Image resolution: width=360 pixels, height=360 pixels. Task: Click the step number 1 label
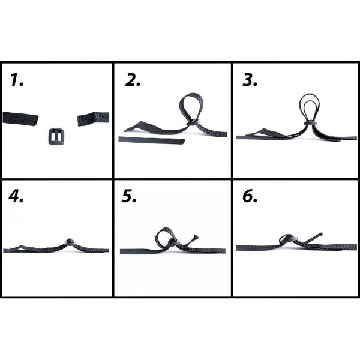click(17, 80)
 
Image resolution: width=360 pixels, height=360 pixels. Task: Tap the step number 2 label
click(133, 80)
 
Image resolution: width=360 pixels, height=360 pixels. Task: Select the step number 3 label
click(250, 80)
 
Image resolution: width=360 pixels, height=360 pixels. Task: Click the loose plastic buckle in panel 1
click(56, 136)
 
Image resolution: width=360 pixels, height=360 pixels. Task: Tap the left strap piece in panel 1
click(20, 118)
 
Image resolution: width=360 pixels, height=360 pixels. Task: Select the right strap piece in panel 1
click(93, 119)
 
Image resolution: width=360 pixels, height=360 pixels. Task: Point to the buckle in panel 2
click(193, 122)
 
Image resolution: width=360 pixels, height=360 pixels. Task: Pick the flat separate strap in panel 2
click(152, 140)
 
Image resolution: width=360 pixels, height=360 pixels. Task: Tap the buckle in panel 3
click(310, 124)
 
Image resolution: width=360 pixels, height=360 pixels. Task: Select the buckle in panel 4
click(69, 241)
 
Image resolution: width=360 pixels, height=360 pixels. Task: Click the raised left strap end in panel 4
click(20, 247)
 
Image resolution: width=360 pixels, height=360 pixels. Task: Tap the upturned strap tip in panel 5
click(196, 238)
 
